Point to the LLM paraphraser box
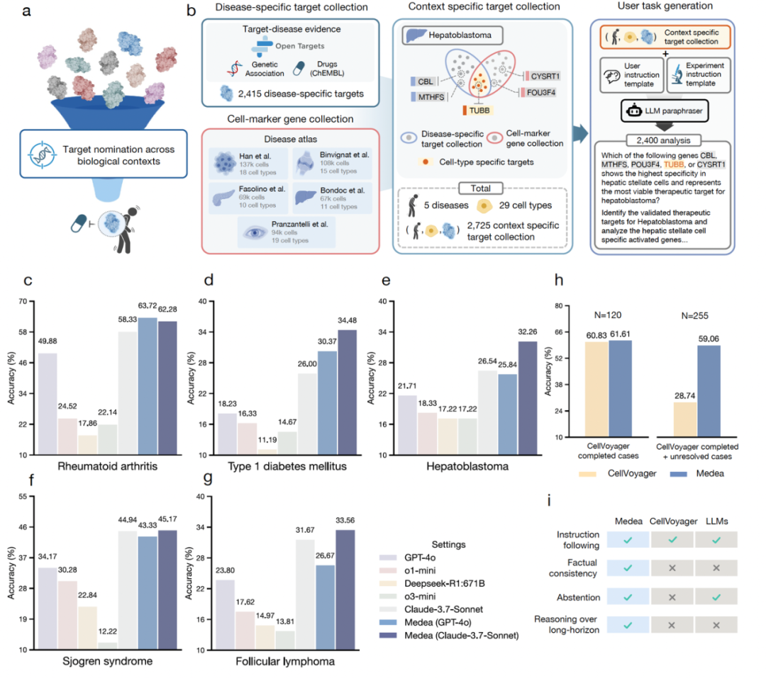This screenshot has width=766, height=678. coord(654,111)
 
